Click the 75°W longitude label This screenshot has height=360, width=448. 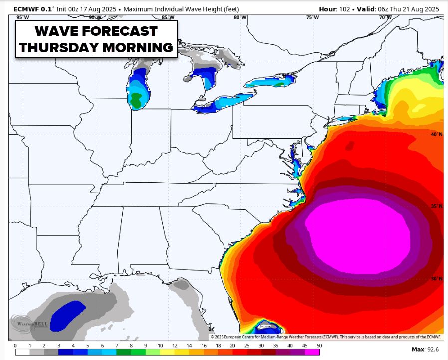312,17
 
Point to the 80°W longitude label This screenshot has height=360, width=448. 240,17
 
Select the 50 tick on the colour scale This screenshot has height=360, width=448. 319,345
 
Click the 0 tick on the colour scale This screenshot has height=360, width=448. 15,345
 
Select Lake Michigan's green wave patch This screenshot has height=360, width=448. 135,100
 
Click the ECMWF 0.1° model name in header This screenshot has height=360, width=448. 30,9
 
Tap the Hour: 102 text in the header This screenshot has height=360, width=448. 337,9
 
